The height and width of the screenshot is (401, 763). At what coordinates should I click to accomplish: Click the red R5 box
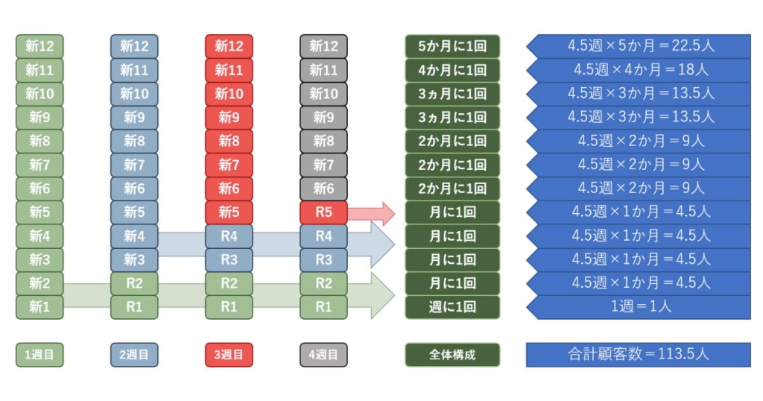(x=323, y=212)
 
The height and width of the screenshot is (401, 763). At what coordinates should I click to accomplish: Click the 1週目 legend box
(x=39, y=355)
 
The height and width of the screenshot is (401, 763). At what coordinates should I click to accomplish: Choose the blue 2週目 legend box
(x=134, y=355)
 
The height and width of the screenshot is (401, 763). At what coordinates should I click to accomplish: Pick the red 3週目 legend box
(x=229, y=355)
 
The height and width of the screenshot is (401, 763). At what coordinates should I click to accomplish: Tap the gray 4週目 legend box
(x=323, y=355)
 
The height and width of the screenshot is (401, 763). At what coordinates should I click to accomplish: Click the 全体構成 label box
(x=452, y=355)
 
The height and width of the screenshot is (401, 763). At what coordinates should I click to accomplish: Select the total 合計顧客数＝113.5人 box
(x=639, y=355)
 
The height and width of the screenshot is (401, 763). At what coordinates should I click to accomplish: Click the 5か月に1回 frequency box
(x=452, y=46)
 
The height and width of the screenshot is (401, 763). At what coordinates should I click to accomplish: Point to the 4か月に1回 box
(x=452, y=70)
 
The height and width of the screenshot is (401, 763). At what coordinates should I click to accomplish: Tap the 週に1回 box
(x=452, y=307)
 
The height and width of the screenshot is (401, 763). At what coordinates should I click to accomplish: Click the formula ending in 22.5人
(x=641, y=46)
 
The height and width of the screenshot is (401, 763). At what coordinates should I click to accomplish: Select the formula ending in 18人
(x=641, y=70)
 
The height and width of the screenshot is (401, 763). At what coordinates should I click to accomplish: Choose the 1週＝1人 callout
(x=641, y=307)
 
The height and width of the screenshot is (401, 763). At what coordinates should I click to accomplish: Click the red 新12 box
(x=229, y=46)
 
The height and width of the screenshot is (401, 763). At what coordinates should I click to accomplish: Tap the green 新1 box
(x=39, y=307)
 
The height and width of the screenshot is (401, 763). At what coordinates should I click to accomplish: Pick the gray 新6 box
(x=323, y=189)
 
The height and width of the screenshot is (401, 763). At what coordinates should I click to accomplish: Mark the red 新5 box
(x=229, y=212)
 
